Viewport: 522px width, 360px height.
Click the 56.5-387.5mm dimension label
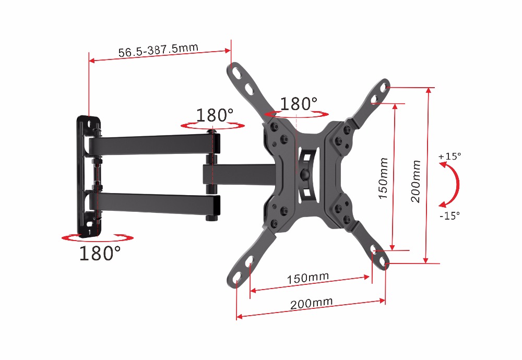pos(158,50)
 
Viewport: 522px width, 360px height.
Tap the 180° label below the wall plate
pos(100,253)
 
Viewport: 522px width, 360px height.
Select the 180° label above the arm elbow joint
pos(215,115)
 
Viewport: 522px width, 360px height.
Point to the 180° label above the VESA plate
pos(299,103)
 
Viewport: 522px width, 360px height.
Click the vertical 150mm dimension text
pos(384,178)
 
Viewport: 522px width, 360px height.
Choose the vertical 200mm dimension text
pos(416,182)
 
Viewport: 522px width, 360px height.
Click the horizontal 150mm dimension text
pos(308,278)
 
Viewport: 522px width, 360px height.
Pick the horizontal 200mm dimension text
pos(311,303)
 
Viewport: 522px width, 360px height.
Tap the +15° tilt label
pos(450,156)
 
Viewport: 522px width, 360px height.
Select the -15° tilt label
pos(449,215)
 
